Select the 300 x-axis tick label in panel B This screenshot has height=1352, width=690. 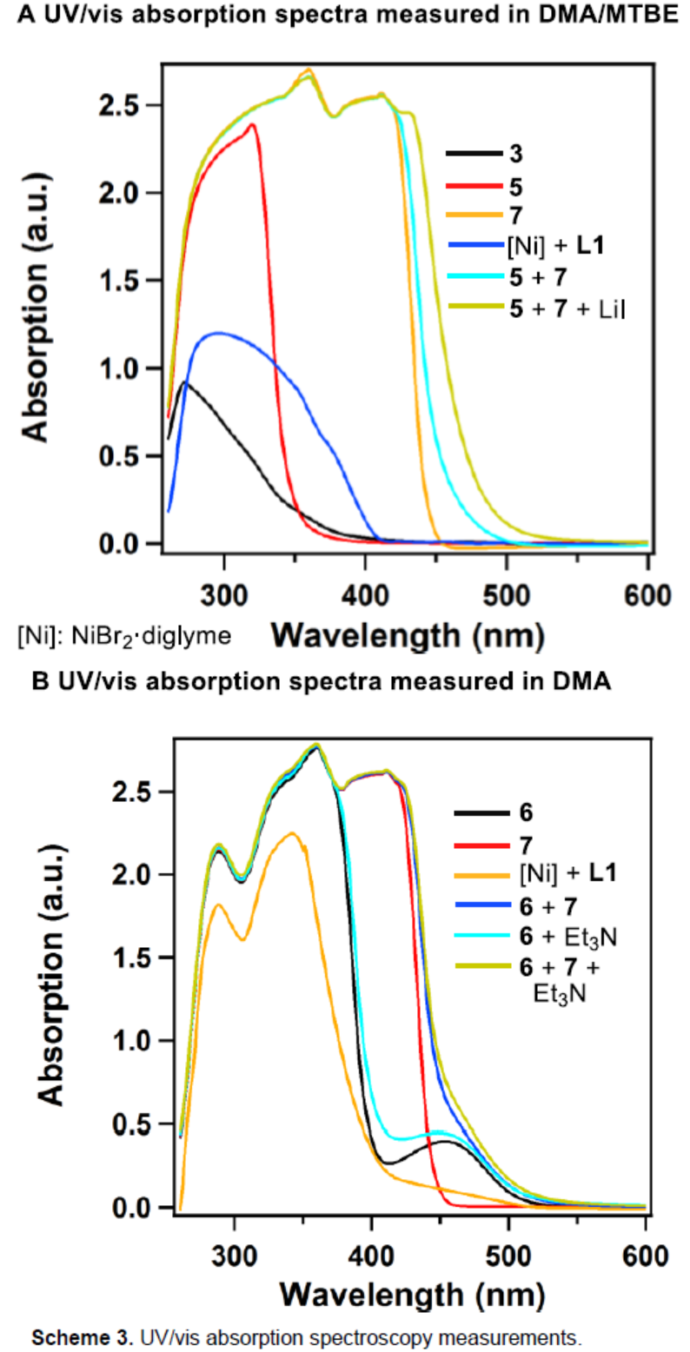(x=236, y=1255)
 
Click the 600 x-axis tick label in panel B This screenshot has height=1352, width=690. (x=645, y=1255)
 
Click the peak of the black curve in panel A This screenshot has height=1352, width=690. (x=184, y=381)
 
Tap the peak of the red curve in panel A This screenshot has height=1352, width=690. (x=252, y=124)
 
